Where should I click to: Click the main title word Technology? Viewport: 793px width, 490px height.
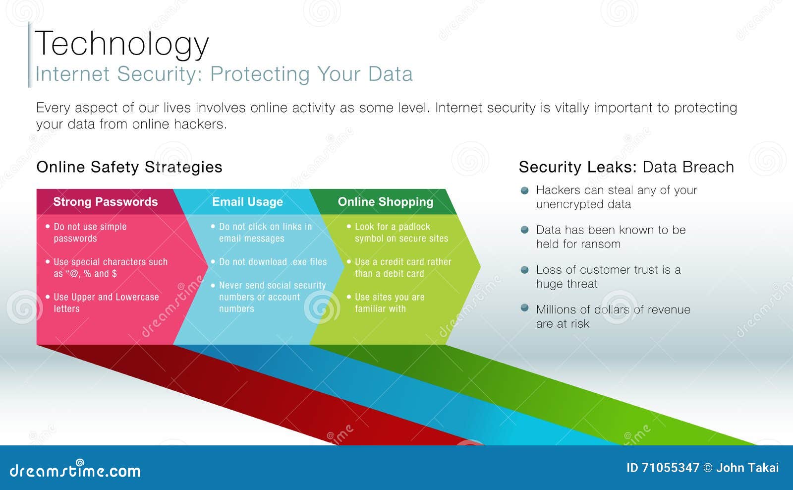[122, 44]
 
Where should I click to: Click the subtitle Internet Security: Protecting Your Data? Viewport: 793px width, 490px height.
[224, 74]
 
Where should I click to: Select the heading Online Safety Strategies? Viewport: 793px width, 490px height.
[129, 167]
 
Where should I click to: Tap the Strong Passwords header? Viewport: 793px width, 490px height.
[105, 202]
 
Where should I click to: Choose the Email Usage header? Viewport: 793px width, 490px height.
[247, 202]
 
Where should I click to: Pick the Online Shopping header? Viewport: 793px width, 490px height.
[385, 202]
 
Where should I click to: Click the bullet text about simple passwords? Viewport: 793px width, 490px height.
[90, 233]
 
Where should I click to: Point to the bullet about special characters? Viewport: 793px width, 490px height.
[110, 268]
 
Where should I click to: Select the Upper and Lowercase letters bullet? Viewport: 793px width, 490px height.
[106, 303]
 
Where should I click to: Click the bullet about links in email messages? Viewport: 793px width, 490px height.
[265, 233]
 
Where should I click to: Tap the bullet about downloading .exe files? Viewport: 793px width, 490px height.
[273, 262]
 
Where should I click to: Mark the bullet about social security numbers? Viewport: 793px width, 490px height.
[272, 297]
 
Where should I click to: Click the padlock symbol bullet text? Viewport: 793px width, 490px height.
[401, 233]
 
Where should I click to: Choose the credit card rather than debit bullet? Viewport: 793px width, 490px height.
[402, 268]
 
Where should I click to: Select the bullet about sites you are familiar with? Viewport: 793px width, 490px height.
[389, 303]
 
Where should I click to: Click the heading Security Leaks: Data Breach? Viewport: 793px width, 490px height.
[626, 167]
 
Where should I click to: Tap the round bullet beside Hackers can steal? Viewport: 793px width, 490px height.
[525, 190]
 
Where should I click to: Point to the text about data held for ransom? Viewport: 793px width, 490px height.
[611, 237]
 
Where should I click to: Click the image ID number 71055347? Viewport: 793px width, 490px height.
[670, 468]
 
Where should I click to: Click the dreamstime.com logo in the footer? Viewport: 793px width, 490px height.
[75, 470]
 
